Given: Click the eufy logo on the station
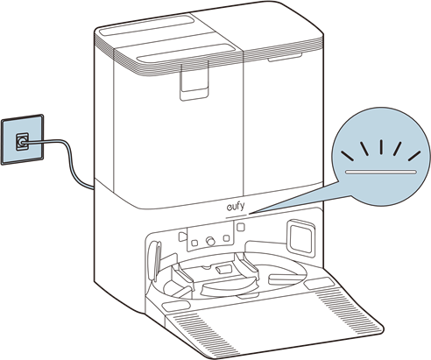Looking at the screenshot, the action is pyautogui.click(x=236, y=207).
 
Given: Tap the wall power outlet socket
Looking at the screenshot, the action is pyautogui.click(x=22, y=142).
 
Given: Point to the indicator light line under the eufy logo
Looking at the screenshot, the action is pyautogui.click(x=237, y=216).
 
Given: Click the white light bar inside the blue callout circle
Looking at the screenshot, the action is pyautogui.click(x=380, y=172).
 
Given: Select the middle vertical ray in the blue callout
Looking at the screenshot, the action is pyautogui.click(x=381, y=147).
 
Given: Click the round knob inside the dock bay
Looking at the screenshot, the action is pyautogui.click(x=210, y=241).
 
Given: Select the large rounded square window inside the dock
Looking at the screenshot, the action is pyautogui.click(x=301, y=238).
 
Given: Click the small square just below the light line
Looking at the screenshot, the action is pyautogui.click(x=241, y=227).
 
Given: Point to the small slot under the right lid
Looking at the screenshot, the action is pyautogui.click(x=285, y=58).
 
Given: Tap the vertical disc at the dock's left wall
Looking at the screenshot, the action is pyautogui.click(x=155, y=260).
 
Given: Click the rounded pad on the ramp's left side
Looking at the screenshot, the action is pyautogui.click(x=176, y=307).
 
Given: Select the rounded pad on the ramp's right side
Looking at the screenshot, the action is pyautogui.click(x=319, y=283).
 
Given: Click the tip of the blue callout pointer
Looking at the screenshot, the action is pyautogui.click(x=250, y=214).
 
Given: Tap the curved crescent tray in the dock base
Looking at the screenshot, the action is pyautogui.click(x=230, y=288).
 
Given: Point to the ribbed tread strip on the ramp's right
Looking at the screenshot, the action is pyautogui.click(x=349, y=310).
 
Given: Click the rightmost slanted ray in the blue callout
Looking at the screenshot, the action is pyautogui.click(x=414, y=156).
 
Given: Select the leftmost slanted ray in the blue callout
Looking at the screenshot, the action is pyautogui.click(x=348, y=156).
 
